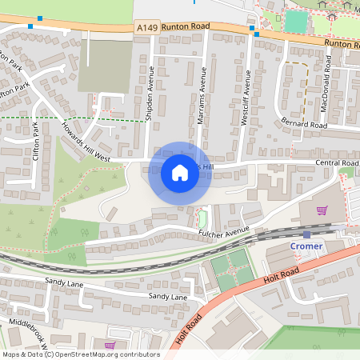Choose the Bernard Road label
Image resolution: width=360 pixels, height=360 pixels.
pos(305,125)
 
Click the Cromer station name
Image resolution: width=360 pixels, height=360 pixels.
pos(307,246)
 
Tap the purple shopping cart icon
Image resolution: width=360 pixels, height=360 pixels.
pos(322,210)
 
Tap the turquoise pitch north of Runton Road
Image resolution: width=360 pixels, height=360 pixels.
pos(295,21)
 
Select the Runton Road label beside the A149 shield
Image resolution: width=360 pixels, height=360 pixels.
pos(185,26)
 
